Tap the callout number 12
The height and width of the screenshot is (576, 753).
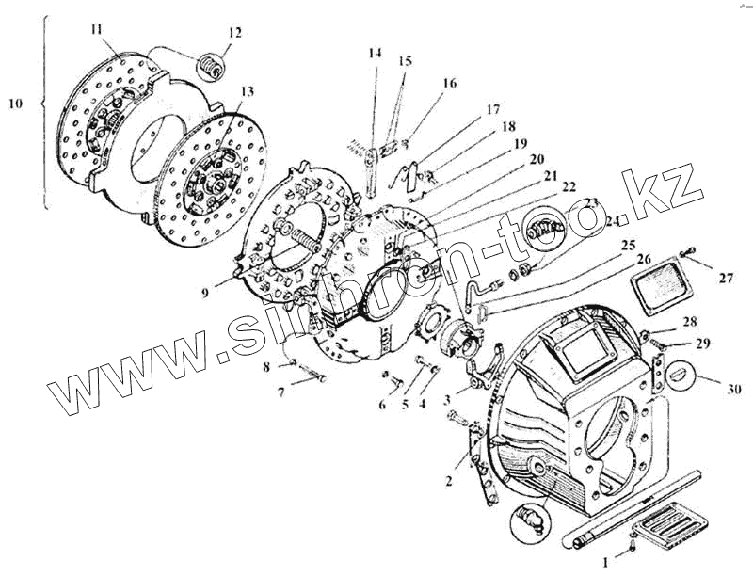click(234, 34)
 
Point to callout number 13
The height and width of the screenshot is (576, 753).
click(247, 91)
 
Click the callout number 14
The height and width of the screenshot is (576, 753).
click(376, 53)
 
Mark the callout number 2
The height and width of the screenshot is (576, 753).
click(450, 481)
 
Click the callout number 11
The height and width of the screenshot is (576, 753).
click(96, 29)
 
